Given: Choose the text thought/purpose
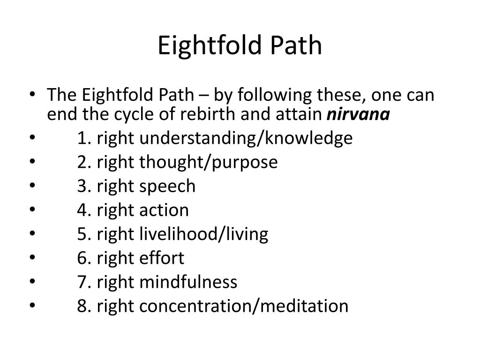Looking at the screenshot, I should pyautogui.click(x=209, y=162).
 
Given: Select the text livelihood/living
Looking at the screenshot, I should pyautogui.click(x=204, y=234).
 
